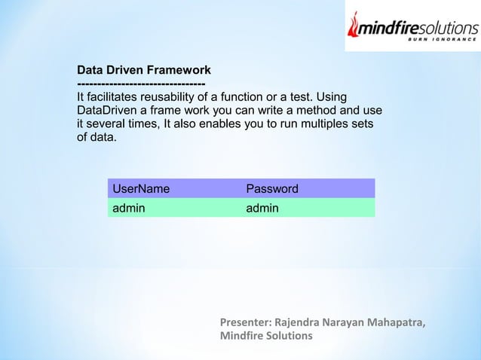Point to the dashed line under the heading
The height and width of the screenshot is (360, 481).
(x=141, y=84)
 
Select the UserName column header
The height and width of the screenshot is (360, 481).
(x=141, y=188)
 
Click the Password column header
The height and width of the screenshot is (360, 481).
(x=272, y=188)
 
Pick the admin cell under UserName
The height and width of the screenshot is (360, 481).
(x=129, y=208)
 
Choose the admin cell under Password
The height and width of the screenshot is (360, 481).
(x=262, y=208)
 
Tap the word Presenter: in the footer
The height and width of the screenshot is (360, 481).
(x=246, y=323)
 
